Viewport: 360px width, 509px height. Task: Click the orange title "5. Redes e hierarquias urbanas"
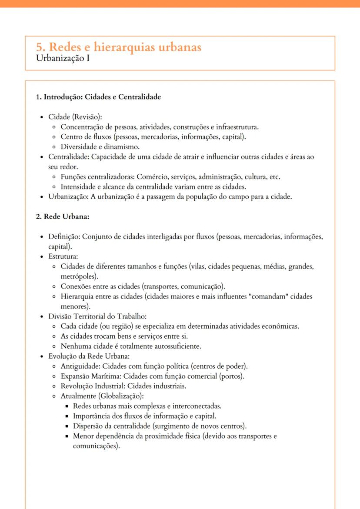(119, 47)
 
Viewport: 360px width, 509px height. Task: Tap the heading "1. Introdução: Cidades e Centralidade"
(102, 97)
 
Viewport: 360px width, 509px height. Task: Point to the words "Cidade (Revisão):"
(75, 117)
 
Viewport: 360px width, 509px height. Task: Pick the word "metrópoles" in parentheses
(79, 276)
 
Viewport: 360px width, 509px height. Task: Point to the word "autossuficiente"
(182, 346)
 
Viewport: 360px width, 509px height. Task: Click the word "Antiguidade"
(77, 366)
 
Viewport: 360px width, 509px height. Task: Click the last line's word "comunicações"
(94, 446)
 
